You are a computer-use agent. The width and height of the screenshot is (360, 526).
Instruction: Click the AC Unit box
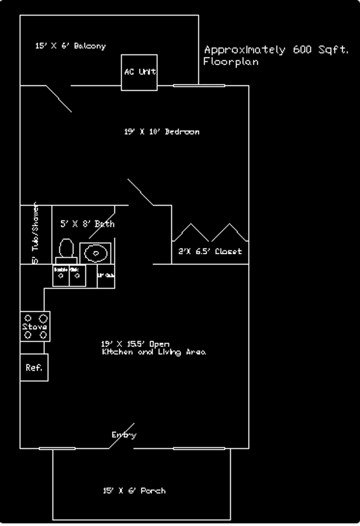pyautogui.click(x=139, y=72)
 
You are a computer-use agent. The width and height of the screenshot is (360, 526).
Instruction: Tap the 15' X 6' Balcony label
pyautogui.click(x=70, y=46)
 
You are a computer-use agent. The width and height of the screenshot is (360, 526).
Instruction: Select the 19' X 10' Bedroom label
pyautogui.click(x=162, y=131)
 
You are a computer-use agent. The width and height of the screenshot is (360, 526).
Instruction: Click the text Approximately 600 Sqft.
pyautogui.click(x=276, y=50)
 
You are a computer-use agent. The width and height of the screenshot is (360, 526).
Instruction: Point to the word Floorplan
pyautogui.click(x=231, y=62)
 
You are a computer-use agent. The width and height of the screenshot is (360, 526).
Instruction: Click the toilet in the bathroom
pyautogui.click(x=66, y=250)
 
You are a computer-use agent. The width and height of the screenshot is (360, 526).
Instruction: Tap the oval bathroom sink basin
pyautogui.click(x=95, y=253)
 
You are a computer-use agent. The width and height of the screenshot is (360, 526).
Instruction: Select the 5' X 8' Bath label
pyautogui.click(x=87, y=224)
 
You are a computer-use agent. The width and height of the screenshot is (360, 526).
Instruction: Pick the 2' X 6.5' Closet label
pyautogui.click(x=210, y=251)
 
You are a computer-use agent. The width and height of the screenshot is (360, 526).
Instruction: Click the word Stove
pyautogui.click(x=35, y=327)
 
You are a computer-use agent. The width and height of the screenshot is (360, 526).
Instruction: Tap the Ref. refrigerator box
pyautogui.click(x=34, y=368)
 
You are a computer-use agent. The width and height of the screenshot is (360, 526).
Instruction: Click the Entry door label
pyautogui.click(x=124, y=435)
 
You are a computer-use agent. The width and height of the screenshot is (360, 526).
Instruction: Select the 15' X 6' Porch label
pyautogui.click(x=134, y=491)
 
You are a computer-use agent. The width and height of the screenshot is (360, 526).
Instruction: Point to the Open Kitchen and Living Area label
pyautogui.click(x=154, y=348)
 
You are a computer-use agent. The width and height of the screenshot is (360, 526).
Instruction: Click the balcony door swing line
pyautogui.click(x=59, y=99)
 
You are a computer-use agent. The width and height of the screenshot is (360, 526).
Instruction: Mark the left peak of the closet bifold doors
pyautogui.click(x=191, y=224)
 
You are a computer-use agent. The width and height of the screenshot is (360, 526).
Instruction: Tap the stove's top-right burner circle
pyautogui.click(x=44, y=318)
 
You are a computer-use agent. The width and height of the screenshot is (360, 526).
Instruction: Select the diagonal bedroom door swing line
pyautogui.click(x=140, y=192)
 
